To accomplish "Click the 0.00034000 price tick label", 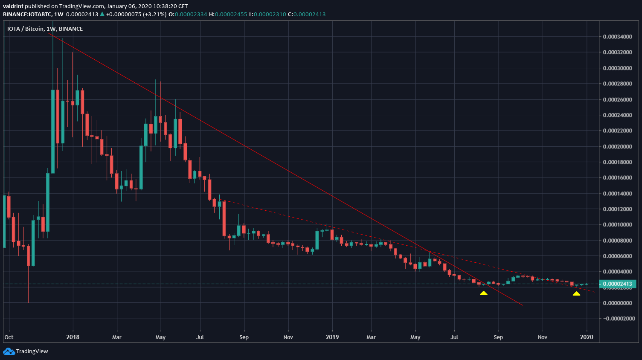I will tap(617, 37).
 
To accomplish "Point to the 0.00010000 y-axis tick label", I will tap(617, 225).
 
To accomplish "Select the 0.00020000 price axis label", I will tap(617, 146).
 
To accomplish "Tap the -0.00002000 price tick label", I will tap(617, 319).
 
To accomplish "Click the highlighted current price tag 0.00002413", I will tap(617, 284).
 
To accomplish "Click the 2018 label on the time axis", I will tap(73, 337).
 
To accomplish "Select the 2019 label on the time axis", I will tap(332, 337).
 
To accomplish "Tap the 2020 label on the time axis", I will tap(587, 337).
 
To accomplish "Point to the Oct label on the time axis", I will tap(9, 337).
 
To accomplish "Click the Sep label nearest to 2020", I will tap(498, 337).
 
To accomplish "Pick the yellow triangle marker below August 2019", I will tap(483, 293).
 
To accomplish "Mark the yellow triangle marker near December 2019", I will tap(576, 293).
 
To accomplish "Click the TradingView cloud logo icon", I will tap(9, 351).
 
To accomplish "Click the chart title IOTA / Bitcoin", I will tap(26, 29).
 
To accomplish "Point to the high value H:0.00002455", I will tap(228, 14).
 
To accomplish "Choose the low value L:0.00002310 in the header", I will tap(267, 14).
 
